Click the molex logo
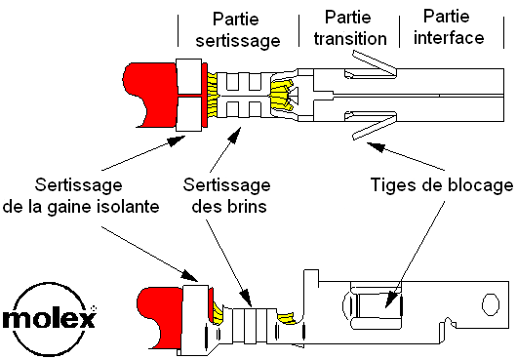pyautogui.click(x=49, y=319)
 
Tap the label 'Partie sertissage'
pyautogui.click(x=238, y=29)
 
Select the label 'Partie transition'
pyautogui.click(x=350, y=28)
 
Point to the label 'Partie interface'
pyautogui.click(x=449, y=27)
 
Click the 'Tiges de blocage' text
pyautogui.click(x=442, y=184)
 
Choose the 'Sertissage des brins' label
pyautogui.click(x=227, y=195)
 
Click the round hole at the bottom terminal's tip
pyautogui.click(x=491, y=305)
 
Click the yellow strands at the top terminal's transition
pyautogui.click(x=281, y=96)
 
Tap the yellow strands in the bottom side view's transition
pyautogui.click(x=288, y=318)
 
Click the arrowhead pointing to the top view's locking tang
pyautogui.click(x=376, y=146)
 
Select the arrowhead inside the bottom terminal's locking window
pyautogui.click(x=391, y=300)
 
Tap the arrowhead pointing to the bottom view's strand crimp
pyautogui.click(x=247, y=299)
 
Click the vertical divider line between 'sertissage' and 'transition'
pyautogui.click(x=299, y=30)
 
